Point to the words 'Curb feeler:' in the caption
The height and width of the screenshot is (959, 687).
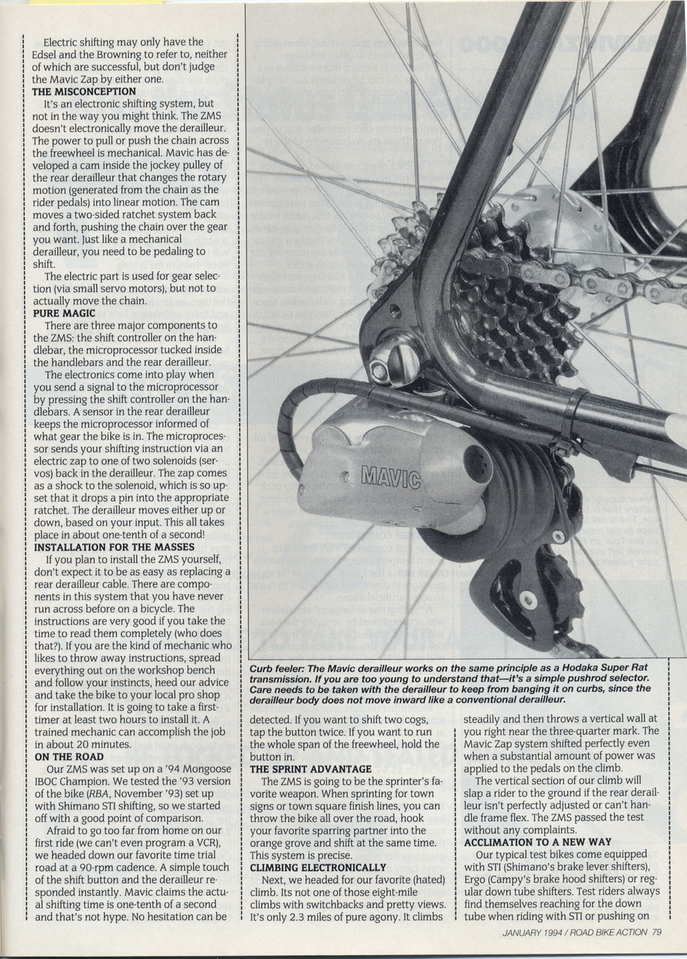click(x=278, y=668)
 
